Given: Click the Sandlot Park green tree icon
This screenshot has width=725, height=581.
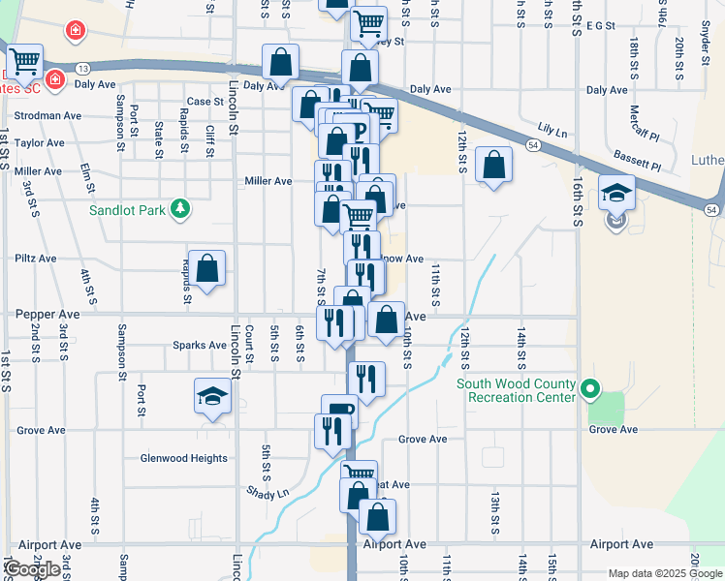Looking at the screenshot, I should click(x=178, y=208).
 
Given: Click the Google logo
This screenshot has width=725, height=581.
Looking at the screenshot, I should click(x=33, y=570).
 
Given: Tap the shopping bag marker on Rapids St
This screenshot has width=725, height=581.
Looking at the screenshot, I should click(x=207, y=269).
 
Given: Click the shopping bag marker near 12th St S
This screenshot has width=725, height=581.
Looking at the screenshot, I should click(x=493, y=166).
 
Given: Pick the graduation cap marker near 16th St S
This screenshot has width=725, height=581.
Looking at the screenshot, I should click(x=615, y=193).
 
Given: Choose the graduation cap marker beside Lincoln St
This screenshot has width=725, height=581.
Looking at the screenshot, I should click(x=212, y=396).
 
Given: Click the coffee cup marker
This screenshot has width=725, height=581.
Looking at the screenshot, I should click(x=339, y=412).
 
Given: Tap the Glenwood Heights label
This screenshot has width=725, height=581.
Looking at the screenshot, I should click(x=184, y=459).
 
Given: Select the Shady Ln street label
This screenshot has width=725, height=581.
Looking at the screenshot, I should click(x=268, y=493).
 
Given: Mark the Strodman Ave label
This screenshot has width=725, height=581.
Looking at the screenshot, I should click(x=47, y=116).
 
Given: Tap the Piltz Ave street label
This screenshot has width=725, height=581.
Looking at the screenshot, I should click(x=36, y=260).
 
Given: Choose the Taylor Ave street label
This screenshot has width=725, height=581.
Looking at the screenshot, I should click(x=39, y=143).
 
